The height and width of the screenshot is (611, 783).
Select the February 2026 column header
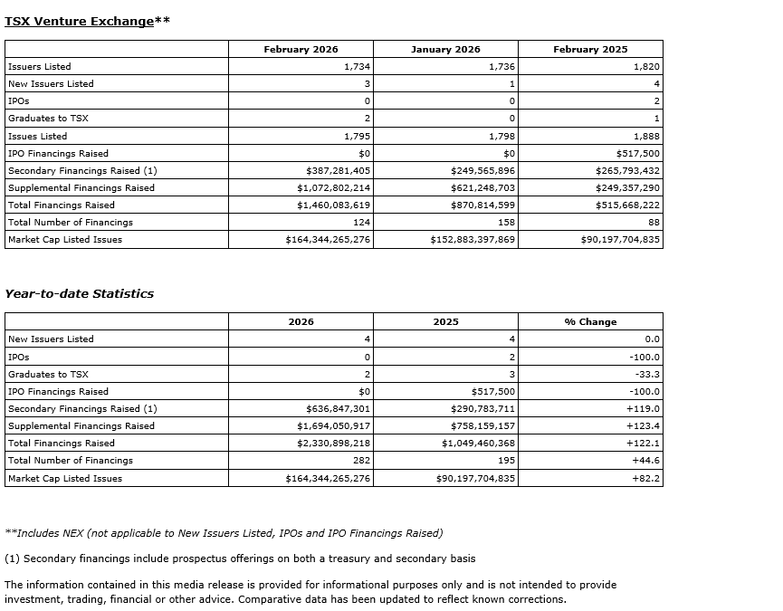(x=301, y=50)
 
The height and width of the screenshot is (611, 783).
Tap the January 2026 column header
(x=445, y=50)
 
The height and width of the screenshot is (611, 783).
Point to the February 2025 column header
(x=590, y=50)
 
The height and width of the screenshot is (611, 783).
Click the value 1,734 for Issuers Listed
(x=357, y=67)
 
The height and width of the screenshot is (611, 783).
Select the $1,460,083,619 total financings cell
(x=334, y=205)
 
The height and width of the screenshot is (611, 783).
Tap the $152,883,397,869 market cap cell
(x=473, y=240)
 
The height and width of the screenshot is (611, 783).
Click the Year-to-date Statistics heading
(x=80, y=294)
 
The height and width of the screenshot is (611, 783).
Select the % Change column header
(x=590, y=322)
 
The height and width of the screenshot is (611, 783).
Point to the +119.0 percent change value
(x=644, y=409)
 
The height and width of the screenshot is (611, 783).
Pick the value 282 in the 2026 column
(x=361, y=461)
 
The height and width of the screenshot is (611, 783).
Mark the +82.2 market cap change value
(x=646, y=478)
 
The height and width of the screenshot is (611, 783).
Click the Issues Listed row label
(x=37, y=137)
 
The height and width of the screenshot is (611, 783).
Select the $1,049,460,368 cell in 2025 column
(x=479, y=444)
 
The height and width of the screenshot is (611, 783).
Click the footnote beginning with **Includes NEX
(x=224, y=533)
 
